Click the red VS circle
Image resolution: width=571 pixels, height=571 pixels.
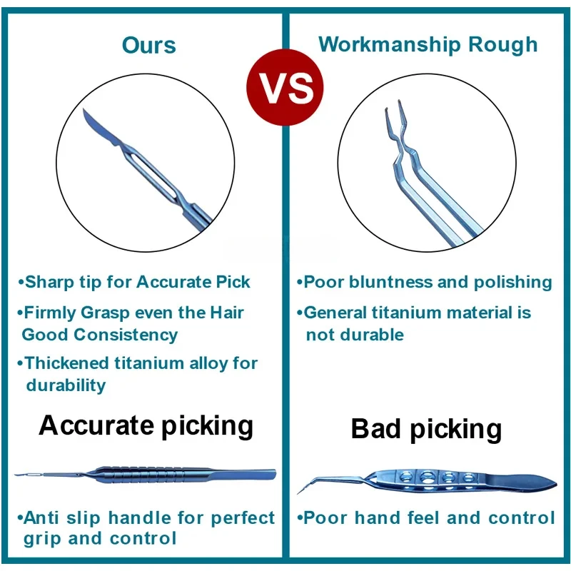[285, 87]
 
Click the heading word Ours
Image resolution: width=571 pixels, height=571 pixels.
[149, 46]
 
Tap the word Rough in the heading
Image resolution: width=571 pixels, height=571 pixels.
[502, 45]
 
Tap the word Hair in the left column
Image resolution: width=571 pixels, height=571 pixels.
[227, 313]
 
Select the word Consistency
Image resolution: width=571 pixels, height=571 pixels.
[126, 335]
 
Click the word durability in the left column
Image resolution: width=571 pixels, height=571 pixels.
[66, 385]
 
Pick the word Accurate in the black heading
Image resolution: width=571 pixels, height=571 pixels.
[96, 425]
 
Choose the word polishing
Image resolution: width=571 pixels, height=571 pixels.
[512, 283]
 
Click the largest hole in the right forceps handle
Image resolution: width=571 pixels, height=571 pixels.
[426, 477]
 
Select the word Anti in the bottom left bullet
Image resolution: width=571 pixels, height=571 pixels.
[41, 518]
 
